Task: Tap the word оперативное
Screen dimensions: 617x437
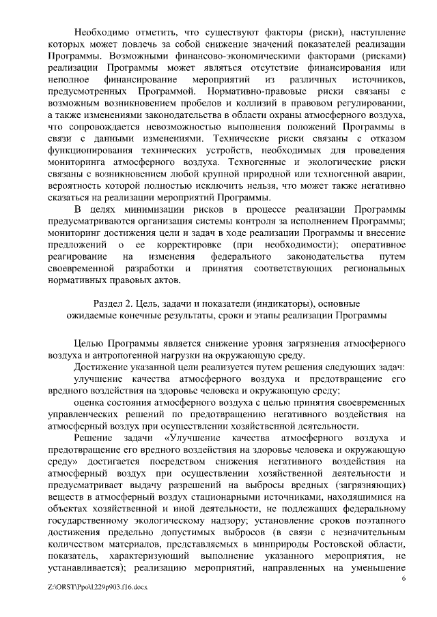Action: point(374,244)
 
